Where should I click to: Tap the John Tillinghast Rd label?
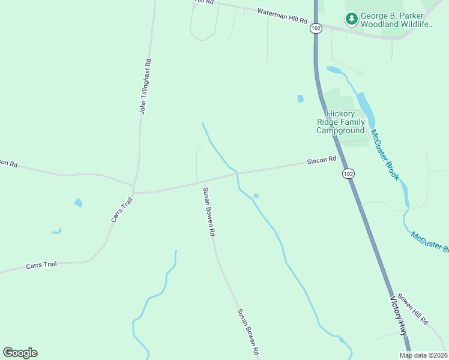(x=145, y=86)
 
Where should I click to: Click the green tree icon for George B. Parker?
(x=351, y=19)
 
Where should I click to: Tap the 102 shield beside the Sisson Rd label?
(x=348, y=173)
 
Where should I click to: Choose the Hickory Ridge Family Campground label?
(x=340, y=122)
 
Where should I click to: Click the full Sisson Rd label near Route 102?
(x=321, y=161)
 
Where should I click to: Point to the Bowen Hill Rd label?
(x=412, y=309)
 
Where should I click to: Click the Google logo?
(x=20, y=353)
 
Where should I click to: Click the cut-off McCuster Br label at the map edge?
(x=430, y=242)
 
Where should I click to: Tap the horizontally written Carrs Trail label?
(x=41, y=265)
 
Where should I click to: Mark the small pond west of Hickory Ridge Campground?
(x=300, y=98)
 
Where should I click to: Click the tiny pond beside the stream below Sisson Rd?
(x=256, y=196)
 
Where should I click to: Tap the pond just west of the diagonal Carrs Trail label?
(x=78, y=203)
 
